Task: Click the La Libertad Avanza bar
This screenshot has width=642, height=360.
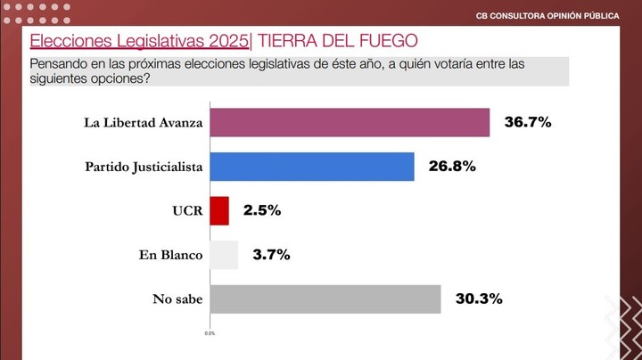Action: pos(349,122)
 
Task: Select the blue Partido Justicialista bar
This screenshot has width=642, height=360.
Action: pos(311,167)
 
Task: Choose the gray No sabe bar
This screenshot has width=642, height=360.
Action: pos(325,299)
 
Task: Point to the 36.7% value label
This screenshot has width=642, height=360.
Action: pos(528,122)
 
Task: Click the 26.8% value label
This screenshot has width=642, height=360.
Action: pos(452,167)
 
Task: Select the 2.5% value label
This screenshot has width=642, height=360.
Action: pos(262,211)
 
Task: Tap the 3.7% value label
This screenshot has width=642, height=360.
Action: pos(271,256)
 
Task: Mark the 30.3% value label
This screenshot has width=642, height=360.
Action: pos(479,299)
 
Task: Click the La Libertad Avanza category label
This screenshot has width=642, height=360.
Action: pos(144,122)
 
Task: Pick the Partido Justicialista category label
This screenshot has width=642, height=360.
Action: pos(144,167)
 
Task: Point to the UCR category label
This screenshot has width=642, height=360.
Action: pos(189,211)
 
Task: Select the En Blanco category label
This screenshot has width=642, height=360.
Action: pos(171,256)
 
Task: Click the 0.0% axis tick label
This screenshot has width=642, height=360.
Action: pos(210,333)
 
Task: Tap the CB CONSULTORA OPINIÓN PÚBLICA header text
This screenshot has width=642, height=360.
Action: pos(547,15)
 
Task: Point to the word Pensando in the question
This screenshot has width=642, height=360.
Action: pos(59,63)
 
